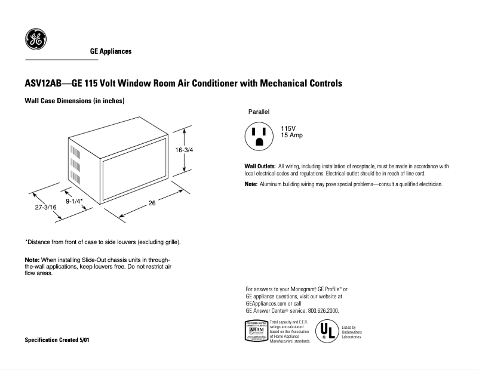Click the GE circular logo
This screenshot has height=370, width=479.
(x=35, y=39)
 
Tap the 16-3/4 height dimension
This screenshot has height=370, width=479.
(x=184, y=152)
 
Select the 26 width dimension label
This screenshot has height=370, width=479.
(x=152, y=203)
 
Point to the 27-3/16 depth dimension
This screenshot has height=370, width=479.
(x=45, y=206)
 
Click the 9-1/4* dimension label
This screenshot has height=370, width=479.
(x=74, y=201)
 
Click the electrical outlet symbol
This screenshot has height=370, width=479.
(x=260, y=135)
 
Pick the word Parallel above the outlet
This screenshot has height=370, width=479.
(x=259, y=112)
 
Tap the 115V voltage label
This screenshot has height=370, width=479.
(x=288, y=129)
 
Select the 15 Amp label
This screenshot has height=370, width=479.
(x=292, y=135)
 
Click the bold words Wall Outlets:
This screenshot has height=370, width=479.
(x=260, y=166)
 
